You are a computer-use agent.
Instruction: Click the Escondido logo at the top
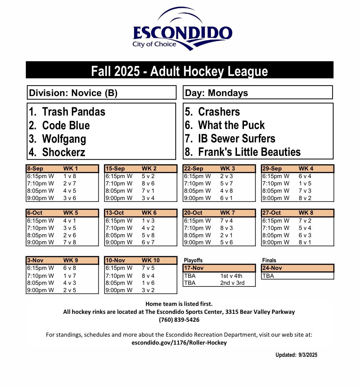coord(182,30)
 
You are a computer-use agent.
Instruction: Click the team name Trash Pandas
coord(74,112)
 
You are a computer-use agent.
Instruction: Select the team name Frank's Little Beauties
coord(249,152)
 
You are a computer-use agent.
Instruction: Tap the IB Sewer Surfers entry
coord(236,138)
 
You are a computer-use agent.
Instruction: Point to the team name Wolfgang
coord(64,139)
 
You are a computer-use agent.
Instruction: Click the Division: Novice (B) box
coord(73,93)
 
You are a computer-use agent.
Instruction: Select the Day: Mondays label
coord(216,93)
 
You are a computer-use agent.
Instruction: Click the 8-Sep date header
coord(35,169)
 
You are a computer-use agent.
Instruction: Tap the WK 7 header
coord(227,213)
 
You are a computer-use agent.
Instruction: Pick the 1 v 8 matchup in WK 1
coord(70,176)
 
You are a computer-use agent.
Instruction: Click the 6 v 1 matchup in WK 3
coord(226,198)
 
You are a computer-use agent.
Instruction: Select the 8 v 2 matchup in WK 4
coord(305,198)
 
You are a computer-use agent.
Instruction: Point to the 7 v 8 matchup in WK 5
coord(70,243)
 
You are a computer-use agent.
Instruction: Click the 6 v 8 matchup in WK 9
coord(70,268)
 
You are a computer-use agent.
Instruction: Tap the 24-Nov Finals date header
coord(272,268)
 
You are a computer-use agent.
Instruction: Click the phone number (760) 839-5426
coord(179,320)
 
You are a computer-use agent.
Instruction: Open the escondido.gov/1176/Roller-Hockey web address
coord(179,342)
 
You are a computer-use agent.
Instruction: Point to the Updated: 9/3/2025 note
coord(296,355)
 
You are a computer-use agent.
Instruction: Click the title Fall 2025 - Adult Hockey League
coord(180,71)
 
